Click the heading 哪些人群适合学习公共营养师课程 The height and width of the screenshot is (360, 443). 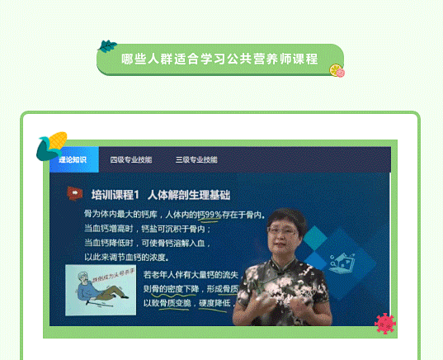(x=219, y=59)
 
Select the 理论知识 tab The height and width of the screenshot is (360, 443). (x=73, y=159)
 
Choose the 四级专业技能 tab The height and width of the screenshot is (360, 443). (x=130, y=159)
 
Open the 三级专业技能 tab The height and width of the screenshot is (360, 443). (x=196, y=159)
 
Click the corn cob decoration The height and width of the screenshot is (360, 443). (x=52, y=146)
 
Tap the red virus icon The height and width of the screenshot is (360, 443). (x=384, y=324)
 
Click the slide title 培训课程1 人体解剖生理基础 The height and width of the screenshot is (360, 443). (x=161, y=195)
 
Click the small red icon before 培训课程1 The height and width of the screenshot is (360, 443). (x=75, y=193)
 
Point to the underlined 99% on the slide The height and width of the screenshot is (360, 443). (x=211, y=215)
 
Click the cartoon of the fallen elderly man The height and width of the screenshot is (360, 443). (x=101, y=289)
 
